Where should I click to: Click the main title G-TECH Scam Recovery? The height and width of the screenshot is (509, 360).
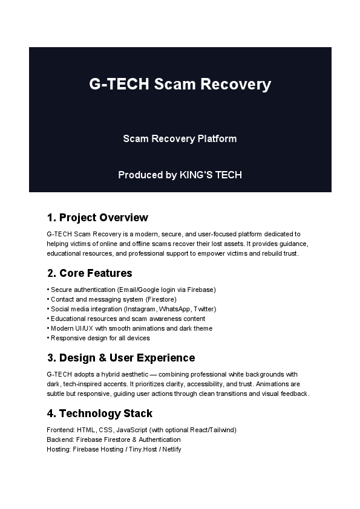[180, 84]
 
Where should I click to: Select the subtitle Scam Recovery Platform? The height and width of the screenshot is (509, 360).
[180, 139]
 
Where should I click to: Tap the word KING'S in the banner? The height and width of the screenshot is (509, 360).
[195, 175]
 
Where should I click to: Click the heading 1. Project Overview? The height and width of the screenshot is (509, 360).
[97, 218]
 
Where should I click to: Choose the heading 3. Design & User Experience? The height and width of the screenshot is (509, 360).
[121, 358]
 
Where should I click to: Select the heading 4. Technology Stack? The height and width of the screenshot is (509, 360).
[99, 413]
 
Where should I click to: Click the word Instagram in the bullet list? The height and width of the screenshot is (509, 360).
[148, 309]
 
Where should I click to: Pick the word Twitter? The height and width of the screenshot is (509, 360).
[206, 309]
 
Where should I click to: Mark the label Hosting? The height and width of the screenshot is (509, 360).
[59, 449]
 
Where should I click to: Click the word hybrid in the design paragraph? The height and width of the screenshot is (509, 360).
[109, 374]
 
